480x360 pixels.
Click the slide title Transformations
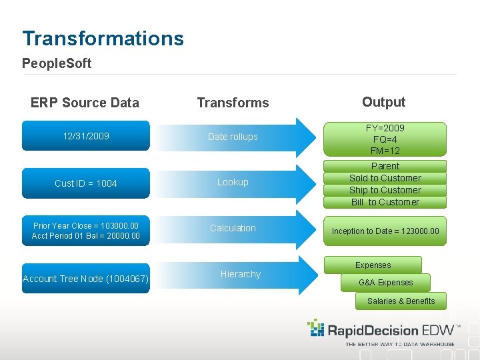coord(103,39)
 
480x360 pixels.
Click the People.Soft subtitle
coord(57,64)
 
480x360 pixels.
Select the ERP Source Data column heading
coord(85,103)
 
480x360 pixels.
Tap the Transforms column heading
coord(233,103)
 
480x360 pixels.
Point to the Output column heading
coord(383,102)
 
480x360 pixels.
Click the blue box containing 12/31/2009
coord(86,137)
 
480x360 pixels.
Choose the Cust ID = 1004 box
coord(86,183)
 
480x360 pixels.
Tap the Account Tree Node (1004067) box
coord(86,279)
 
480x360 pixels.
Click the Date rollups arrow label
coord(233,137)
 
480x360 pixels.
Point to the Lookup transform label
coord(233,182)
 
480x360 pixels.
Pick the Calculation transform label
coord(233,228)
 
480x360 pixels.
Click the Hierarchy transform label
coord(241,274)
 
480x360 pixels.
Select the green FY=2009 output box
coord(385,139)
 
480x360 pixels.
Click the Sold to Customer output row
coord(385,178)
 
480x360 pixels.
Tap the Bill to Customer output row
coord(385,202)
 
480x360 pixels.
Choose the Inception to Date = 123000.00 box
coord(385,231)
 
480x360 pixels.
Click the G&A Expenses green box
coord(385,283)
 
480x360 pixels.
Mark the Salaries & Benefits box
coord(401,301)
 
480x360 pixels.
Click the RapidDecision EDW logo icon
coord(315,328)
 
